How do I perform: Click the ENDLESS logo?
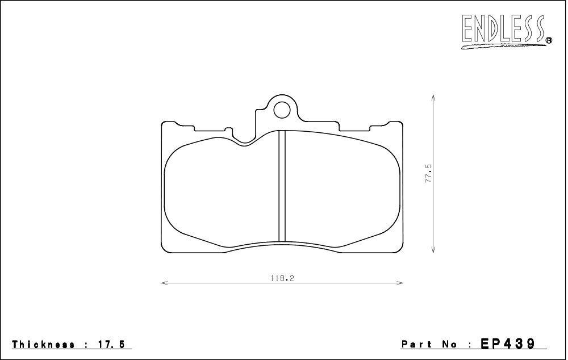503,29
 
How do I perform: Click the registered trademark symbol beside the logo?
549,40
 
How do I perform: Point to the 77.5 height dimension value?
429,173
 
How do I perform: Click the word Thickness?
43,345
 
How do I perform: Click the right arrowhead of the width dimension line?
401,282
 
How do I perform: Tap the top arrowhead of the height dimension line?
434,98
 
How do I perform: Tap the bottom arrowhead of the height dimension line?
434,250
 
